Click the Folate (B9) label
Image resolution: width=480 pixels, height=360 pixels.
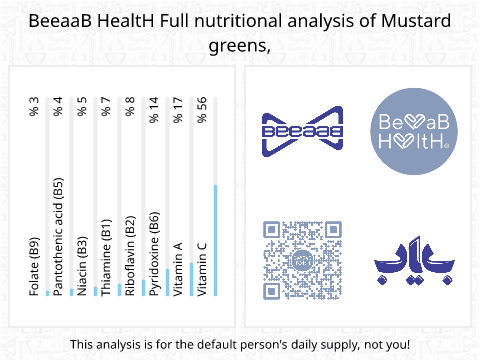point(34,267)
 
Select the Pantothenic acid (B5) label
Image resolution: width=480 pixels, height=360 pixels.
point(58,237)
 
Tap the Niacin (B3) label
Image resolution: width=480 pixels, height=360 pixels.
point(82,266)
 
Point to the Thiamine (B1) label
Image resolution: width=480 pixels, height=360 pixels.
point(106,257)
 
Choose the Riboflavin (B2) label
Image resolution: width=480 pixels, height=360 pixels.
point(130,256)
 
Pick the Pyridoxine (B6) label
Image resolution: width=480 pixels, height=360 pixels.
point(154,254)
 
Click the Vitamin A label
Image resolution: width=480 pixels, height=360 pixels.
point(178,269)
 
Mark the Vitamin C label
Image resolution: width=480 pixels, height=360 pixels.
point(202,270)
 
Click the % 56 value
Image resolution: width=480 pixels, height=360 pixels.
point(202,110)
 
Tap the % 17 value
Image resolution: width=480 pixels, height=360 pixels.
point(178,110)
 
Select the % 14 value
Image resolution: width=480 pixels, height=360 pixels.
point(154,110)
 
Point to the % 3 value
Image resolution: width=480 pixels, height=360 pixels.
point(34,107)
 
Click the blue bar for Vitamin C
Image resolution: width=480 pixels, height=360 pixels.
point(216,240)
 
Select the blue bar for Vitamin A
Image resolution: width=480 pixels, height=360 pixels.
point(192,279)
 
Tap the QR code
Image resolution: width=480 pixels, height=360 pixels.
point(303,260)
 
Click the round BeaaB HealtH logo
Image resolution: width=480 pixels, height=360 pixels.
point(414,131)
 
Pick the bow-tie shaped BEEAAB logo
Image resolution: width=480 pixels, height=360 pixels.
point(303,131)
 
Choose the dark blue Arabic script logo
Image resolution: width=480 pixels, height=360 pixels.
point(414,260)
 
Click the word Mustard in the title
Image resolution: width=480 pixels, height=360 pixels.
point(416,21)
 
